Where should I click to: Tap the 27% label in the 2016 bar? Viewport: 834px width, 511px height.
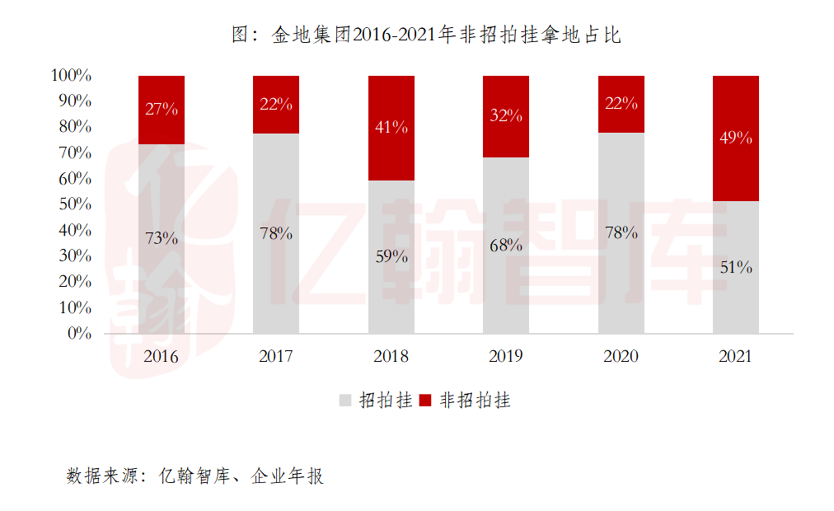[x=162, y=109]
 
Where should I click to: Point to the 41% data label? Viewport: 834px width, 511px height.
[x=391, y=128]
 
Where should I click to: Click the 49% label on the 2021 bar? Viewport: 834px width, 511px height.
[x=735, y=138]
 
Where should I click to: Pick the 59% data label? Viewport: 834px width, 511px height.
[x=391, y=256]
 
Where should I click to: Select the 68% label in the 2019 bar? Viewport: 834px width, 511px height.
[x=505, y=245]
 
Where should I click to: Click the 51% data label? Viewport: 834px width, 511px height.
[x=735, y=267]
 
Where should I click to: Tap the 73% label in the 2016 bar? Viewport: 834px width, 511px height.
[x=162, y=238]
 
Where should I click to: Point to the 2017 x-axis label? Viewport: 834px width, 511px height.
[x=276, y=357]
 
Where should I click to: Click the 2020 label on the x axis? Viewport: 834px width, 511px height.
[x=621, y=357]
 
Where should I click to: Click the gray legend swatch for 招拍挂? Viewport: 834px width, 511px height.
[x=345, y=401]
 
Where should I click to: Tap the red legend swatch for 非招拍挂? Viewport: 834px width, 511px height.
[x=426, y=401]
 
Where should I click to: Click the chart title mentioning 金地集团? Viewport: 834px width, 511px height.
[x=426, y=35]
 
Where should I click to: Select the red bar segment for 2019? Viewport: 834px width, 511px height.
[x=505, y=136]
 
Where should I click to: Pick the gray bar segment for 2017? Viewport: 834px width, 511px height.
[x=276, y=272]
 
